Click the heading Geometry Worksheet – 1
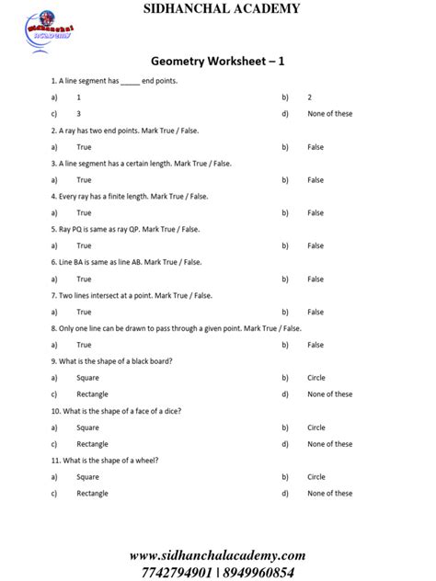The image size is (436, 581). pos(218,61)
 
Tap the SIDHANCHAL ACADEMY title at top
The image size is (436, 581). pos(218,8)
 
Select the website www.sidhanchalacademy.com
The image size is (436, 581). pos(217,555)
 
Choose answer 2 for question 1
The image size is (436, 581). pos(310,97)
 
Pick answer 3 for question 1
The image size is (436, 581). pos(79,114)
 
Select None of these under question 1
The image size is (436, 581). pos(329,114)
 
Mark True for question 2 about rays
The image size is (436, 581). pos(84,147)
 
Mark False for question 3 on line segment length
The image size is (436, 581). pos(316,180)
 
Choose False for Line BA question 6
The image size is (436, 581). pos(316,279)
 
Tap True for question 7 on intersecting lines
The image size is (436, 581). pos(84,312)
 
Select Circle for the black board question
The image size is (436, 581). pos(316,378)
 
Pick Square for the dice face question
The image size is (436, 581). pos(87,427)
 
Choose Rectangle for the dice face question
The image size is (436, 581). pos(92,444)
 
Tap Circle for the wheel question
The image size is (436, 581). pos(316,477)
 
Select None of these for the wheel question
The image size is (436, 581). pos(329,494)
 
